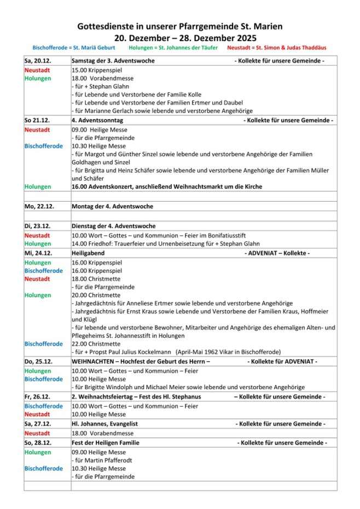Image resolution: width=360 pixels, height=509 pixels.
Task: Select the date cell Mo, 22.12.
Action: [x=38, y=206]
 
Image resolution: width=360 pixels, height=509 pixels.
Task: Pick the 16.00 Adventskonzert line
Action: [x=167, y=186]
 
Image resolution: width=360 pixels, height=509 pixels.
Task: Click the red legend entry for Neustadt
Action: [x=278, y=48]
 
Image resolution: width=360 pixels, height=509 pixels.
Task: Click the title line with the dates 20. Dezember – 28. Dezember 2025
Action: [x=180, y=38]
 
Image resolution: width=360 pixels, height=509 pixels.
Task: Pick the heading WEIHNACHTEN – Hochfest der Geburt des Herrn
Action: [x=141, y=361]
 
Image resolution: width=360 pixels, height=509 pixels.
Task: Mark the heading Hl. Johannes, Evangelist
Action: [x=104, y=424]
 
